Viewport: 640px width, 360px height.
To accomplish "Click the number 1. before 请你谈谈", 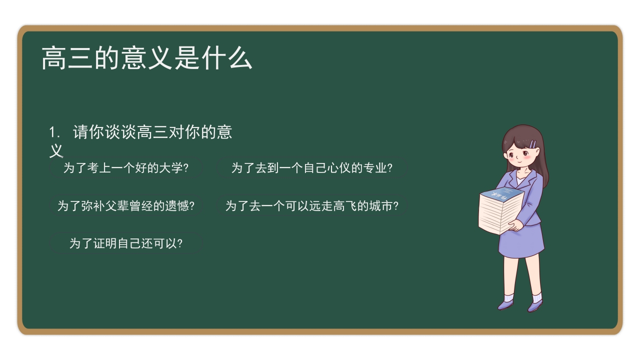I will pos(54,132).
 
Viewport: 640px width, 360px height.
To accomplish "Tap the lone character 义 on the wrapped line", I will pos(56,150).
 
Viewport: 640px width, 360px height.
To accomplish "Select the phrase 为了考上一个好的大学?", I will pos(126,168).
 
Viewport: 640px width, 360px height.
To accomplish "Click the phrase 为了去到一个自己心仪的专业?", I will pos(311,168).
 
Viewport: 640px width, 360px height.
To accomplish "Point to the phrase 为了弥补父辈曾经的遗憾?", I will pos(126,206).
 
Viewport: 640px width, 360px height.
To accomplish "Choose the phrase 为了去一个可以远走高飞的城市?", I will pos(311,206).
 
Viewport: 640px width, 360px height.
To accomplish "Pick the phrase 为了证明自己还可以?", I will pos(126,243).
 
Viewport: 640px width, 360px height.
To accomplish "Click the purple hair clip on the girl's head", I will pos(533,143).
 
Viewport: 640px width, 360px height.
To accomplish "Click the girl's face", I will pos(520,152).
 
